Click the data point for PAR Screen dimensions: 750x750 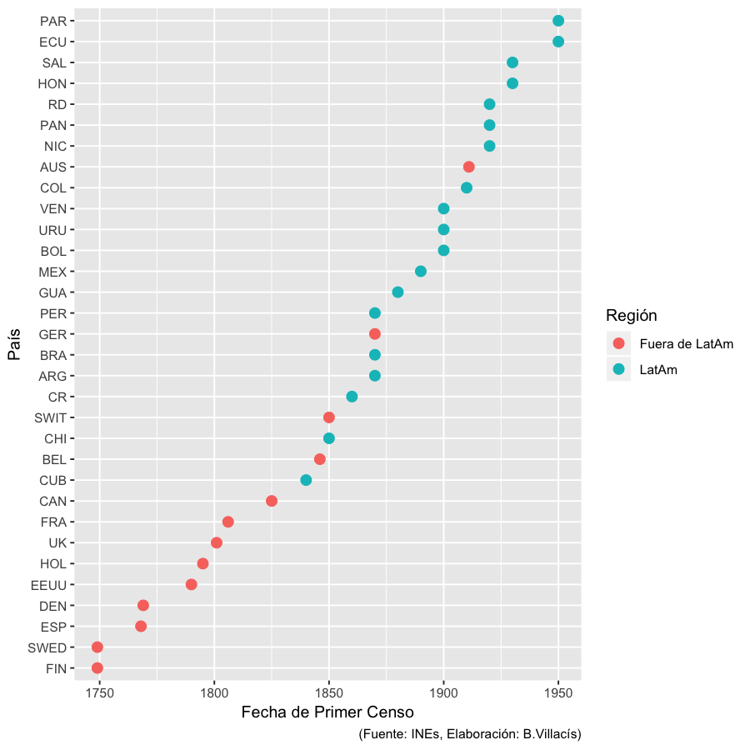click(x=558, y=21)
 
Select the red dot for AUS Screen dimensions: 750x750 click(x=468, y=167)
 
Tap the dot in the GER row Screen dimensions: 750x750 click(x=375, y=334)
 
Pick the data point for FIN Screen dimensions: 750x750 click(x=97, y=667)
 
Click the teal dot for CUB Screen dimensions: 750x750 click(x=306, y=480)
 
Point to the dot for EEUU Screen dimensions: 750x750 click(x=192, y=584)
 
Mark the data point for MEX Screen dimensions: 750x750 click(x=421, y=272)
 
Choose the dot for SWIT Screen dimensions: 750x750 click(x=329, y=417)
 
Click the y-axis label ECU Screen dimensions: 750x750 click(x=52, y=42)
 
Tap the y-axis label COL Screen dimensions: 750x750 click(x=52, y=187)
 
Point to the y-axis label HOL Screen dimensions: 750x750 click(x=52, y=563)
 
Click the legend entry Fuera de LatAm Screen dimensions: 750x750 click(x=686, y=343)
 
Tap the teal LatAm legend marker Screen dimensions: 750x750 click(x=618, y=370)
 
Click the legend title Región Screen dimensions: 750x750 click(x=631, y=316)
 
